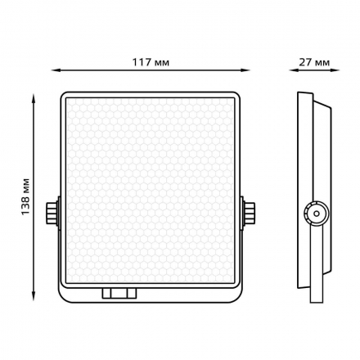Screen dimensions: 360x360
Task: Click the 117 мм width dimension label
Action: (x=151, y=62)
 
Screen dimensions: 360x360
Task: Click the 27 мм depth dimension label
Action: (x=314, y=62)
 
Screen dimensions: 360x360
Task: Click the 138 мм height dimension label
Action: (x=25, y=196)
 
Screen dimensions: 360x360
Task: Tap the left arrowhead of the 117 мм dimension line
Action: (x=56, y=70)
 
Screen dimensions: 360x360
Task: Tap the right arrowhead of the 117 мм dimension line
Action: (x=245, y=70)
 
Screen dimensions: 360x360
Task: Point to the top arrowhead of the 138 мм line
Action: (x=34, y=98)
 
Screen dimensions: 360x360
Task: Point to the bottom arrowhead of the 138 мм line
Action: (x=34, y=296)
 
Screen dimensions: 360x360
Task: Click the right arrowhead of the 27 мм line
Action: (x=335, y=70)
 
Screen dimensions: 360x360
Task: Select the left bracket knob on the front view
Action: (x=51, y=214)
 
